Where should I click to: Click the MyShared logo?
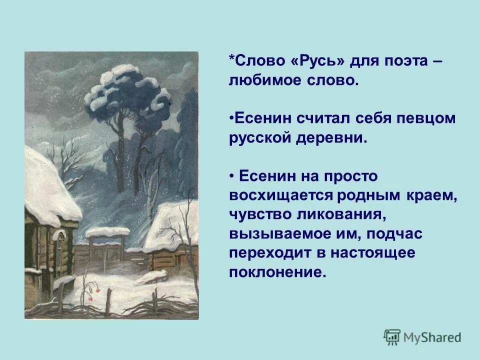tap(422, 336)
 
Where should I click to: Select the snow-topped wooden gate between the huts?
tap(106, 247)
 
